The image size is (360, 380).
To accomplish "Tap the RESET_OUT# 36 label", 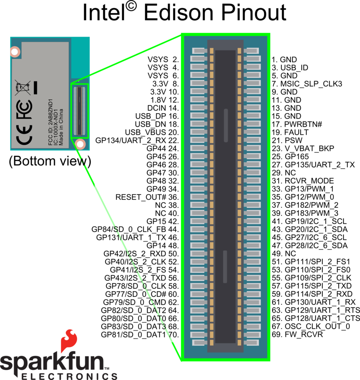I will coord(146,197).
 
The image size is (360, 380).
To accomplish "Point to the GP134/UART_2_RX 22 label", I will coord(136,141).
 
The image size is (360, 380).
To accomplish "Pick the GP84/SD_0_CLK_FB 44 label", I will coord(135,229).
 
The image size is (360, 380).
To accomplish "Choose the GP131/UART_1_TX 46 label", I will coord(136,237).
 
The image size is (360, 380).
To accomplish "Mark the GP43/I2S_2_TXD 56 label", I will coord(141,278).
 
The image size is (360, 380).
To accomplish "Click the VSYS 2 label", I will coord(162,60).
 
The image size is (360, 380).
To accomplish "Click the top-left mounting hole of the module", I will coord(15,52).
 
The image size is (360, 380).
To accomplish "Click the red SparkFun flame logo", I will coord(69,341).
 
